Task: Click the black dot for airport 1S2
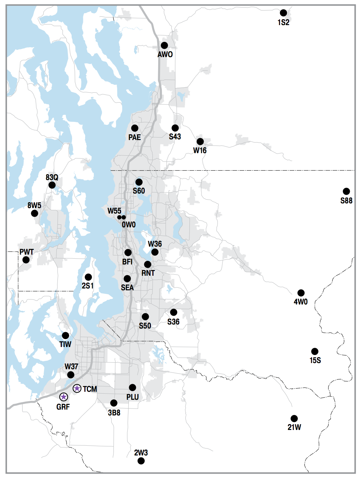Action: click(x=283, y=13)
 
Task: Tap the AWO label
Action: click(x=165, y=55)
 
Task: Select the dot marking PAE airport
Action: click(x=135, y=128)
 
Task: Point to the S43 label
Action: click(x=175, y=137)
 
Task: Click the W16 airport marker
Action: click(x=200, y=142)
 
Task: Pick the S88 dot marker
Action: click(x=346, y=191)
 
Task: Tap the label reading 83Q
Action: click(x=52, y=178)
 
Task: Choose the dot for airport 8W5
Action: click(x=35, y=213)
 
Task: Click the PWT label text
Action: click(x=27, y=252)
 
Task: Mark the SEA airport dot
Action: click(x=127, y=279)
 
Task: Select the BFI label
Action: click(x=127, y=262)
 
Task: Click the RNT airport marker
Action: click(x=148, y=264)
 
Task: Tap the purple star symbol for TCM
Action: click(x=77, y=389)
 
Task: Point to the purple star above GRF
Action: click(x=64, y=397)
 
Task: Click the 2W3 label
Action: click(x=141, y=453)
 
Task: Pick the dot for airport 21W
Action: click(x=294, y=419)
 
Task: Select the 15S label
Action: click(x=315, y=361)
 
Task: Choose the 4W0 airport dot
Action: click(x=301, y=293)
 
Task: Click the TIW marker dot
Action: click(x=65, y=335)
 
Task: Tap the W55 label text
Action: click(x=114, y=211)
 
